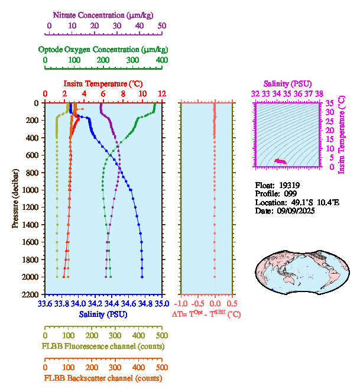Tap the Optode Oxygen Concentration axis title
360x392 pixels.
(x=103, y=49)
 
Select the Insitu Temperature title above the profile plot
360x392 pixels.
(x=103, y=85)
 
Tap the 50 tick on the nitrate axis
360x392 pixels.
(x=162, y=27)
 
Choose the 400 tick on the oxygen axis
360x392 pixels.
(x=161, y=61)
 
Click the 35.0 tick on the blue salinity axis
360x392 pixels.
(x=161, y=304)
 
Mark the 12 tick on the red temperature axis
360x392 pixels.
(x=161, y=94)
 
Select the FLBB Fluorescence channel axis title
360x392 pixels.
(x=102, y=346)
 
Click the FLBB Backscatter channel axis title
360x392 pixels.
(x=103, y=378)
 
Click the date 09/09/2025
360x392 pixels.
(x=296, y=210)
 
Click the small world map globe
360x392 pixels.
(x=300, y=271)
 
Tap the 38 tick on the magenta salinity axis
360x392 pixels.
(x=319, y=93)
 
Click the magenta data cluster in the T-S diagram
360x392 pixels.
(x=280, y=161)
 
